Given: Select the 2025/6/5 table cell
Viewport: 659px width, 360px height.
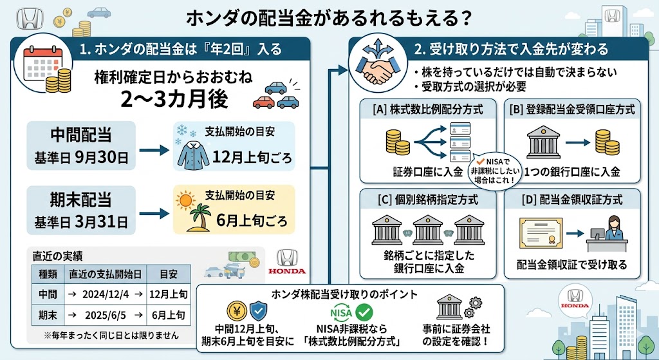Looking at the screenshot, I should coord(107,316).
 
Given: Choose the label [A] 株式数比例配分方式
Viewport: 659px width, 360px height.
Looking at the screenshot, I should coord(427,109).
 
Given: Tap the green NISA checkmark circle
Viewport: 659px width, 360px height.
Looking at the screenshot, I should coord(365,313).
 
